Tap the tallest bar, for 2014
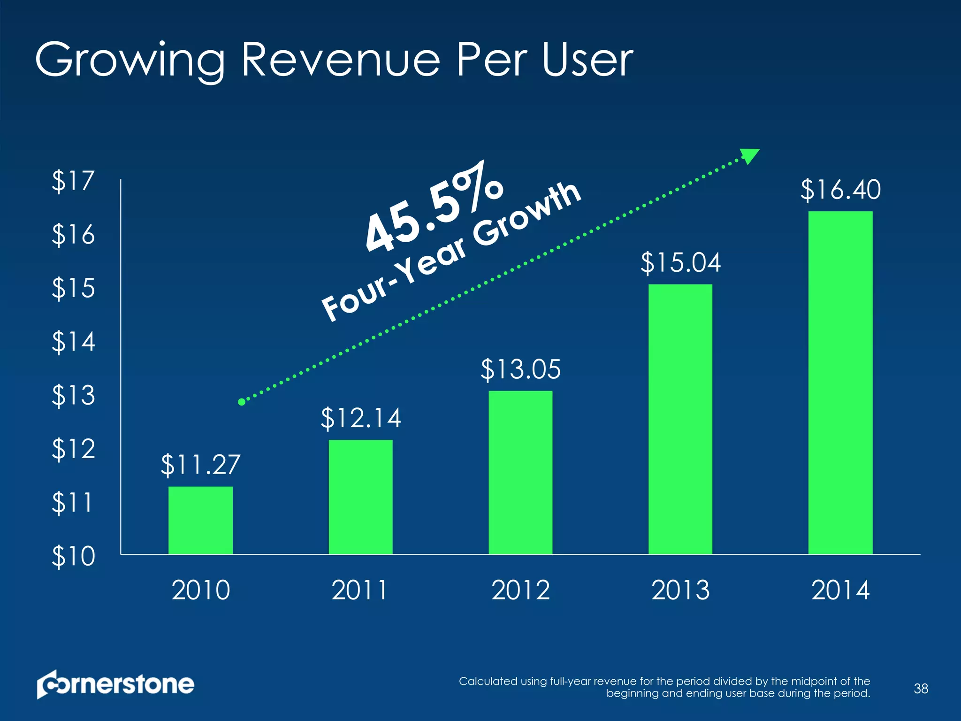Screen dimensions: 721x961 pos(840,383)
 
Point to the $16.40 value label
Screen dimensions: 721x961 pos(840,190)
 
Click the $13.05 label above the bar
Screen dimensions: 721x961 pos(520,369)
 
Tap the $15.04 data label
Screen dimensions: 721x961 pos(680,262)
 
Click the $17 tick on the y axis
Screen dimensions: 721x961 pos(73,181)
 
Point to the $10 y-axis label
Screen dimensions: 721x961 pos(73,556)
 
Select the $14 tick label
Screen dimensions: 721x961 pos(73,341)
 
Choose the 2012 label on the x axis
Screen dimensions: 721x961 pos(520,590)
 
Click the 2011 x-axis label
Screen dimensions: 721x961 pos(360,590)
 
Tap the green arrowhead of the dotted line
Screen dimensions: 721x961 pos(749,156)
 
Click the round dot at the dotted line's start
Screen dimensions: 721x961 pos(242,402)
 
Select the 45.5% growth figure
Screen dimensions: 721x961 pos(434,207)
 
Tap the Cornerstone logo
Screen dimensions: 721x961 pos(115,684)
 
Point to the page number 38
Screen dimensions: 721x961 pos(921,689)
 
